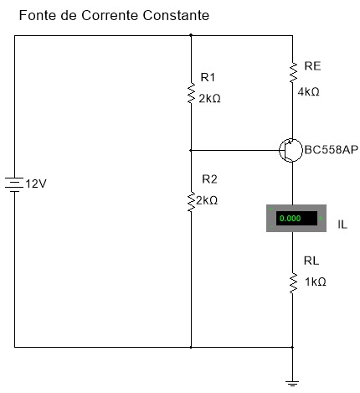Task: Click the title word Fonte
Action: tap(38, 15)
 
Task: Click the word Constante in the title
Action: tap(176, 15)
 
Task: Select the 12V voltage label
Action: tap(36, 184)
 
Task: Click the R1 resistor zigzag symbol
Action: tap(191, 93)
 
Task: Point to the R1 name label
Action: tap(208, 77)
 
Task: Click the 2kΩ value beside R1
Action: tap(209, 99)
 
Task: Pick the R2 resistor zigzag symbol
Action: tap(191, 201)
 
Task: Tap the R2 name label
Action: tap(209, 179)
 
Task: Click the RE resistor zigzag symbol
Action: tap(293, 73)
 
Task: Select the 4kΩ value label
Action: tap(308, 91)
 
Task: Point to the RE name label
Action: tap(312, 66)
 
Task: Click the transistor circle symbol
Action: tap(291, 150)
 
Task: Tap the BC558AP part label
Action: tap(331, 150)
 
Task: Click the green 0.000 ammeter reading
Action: tap(291, 218)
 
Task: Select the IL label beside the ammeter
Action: tap(342, 225)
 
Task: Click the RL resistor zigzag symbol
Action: tap(293, 283)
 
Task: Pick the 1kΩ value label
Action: tap(316, 282)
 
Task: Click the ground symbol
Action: tap(292, 383)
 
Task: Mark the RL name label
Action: tap(311, 261)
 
